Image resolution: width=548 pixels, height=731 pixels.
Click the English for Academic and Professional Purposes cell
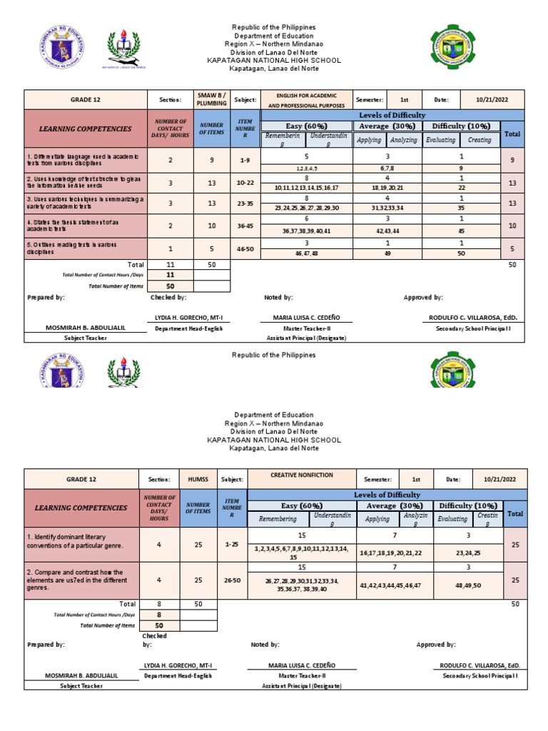pos(305,99)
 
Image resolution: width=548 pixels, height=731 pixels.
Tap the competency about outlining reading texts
pos(85,248)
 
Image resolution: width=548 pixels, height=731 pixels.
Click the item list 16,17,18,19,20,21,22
pos(386,553)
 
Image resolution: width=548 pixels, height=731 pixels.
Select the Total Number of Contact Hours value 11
pos(170,274)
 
